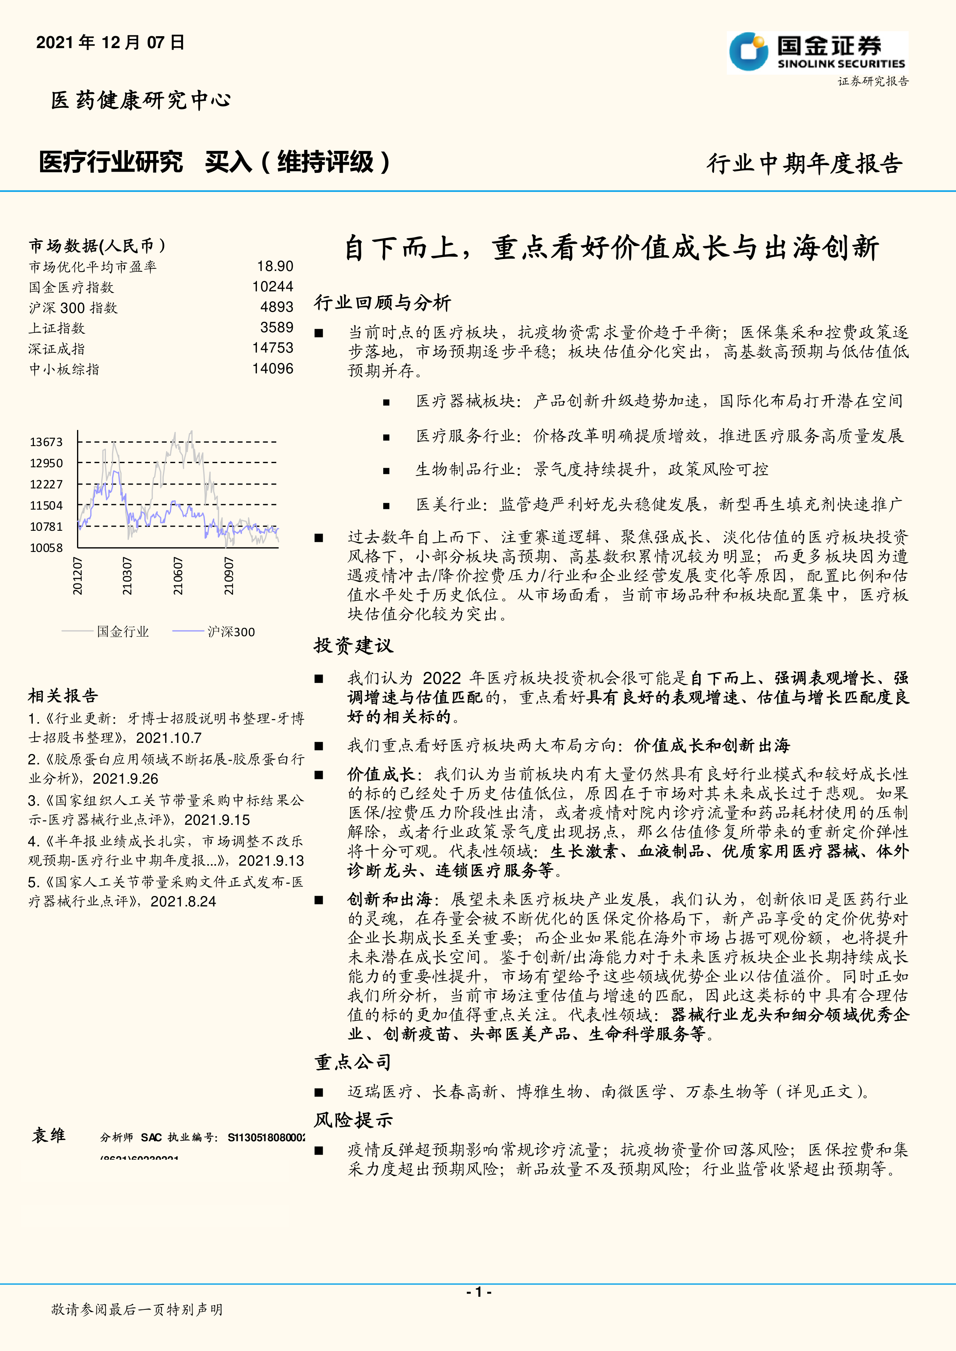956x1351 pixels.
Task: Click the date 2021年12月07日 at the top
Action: pyautogui.click(x=111, y=42)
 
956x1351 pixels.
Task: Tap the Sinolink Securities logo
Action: pyautogui.click(x=817, y=52)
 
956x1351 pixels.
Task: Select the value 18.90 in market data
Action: pyautogui.click(x=275, y=267)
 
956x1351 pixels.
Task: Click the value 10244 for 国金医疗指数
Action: pyautogui.click(x=273, y=286)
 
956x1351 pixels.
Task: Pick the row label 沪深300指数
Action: pyautogui.click(x=74, y=308)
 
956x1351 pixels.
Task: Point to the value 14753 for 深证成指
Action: pyautogui.click(x=273, y=348)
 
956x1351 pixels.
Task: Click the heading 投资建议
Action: pyautogui.click(x=353, y=645)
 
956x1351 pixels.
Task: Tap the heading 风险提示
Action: pyautogui.click(x=353, y=1120)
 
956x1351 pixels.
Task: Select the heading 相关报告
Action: pyautogui.click(x=63, y=696)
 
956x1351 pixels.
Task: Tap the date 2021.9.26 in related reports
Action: pyautogui.click(x=126, y=779)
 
